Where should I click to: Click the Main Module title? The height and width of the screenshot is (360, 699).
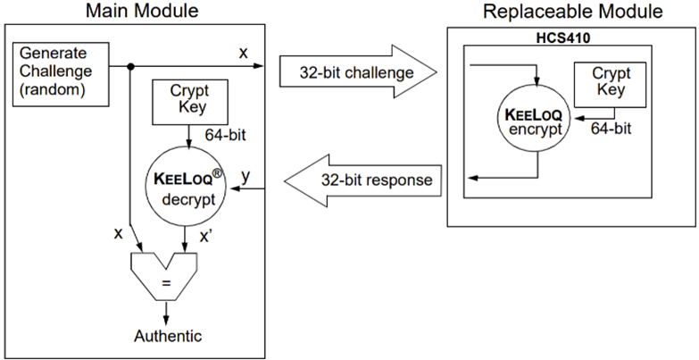(x=142, y=11)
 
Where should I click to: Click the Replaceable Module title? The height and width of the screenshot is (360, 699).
(x=573, y=11)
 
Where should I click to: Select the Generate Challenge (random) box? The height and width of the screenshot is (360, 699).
(x=61, y=74)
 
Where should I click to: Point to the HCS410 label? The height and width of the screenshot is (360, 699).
(x=558, y=38)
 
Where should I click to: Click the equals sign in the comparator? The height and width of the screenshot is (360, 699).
(x=166, y=283)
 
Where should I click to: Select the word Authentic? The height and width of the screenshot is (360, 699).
(x=168, y=336)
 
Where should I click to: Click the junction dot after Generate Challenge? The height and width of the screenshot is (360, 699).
(x=130, y=67)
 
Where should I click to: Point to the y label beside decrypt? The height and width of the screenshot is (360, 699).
(x=245, y=177)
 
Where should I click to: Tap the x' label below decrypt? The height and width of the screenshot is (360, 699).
(x=205, y=236)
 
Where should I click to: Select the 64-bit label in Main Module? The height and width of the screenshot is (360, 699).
(x=225, y=134)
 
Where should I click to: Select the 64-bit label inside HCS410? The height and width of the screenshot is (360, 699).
(x=612, y=129)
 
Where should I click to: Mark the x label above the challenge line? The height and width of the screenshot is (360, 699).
(x=243, y=53)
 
